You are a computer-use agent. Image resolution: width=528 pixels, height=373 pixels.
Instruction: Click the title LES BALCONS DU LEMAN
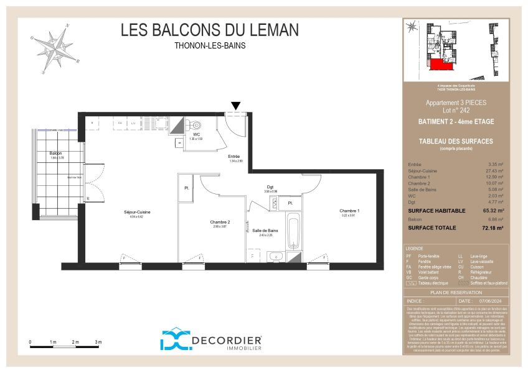pyautogui.click(x=209, y=30)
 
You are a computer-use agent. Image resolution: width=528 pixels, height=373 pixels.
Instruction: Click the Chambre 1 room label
pyautogui.click(x=349, y=211)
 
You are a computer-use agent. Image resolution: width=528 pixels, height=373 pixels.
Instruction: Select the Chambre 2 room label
pyautogui.click(x=220, y=222)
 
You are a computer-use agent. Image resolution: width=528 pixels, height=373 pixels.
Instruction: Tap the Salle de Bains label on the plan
pyautogui.click(x=265, y=231)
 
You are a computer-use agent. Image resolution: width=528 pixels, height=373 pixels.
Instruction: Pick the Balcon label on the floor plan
pyautogui.click(x=56, y=153)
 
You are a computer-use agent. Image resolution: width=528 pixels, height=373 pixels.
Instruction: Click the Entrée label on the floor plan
pyautogui.click(x=233, y=156)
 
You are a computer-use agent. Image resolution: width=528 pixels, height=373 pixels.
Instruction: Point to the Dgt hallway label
pyautogui.click(x=270, y=187)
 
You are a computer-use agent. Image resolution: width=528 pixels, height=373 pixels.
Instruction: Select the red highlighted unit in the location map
pyautogui.click(x=440, y=65)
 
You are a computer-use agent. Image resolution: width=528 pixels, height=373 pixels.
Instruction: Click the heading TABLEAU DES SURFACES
pyautogui.click(x=456, y=141)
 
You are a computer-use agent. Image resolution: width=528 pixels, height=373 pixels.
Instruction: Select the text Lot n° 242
pyautogui.click(x=456, y=109)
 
